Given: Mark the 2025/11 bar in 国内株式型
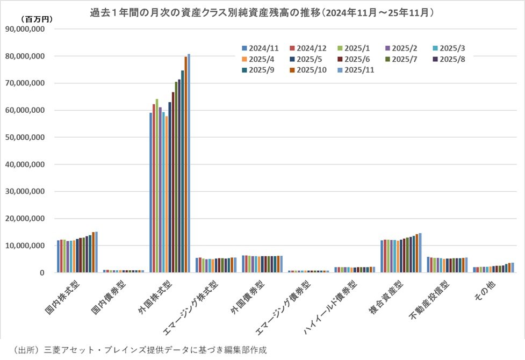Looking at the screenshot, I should tap(96, 252).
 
